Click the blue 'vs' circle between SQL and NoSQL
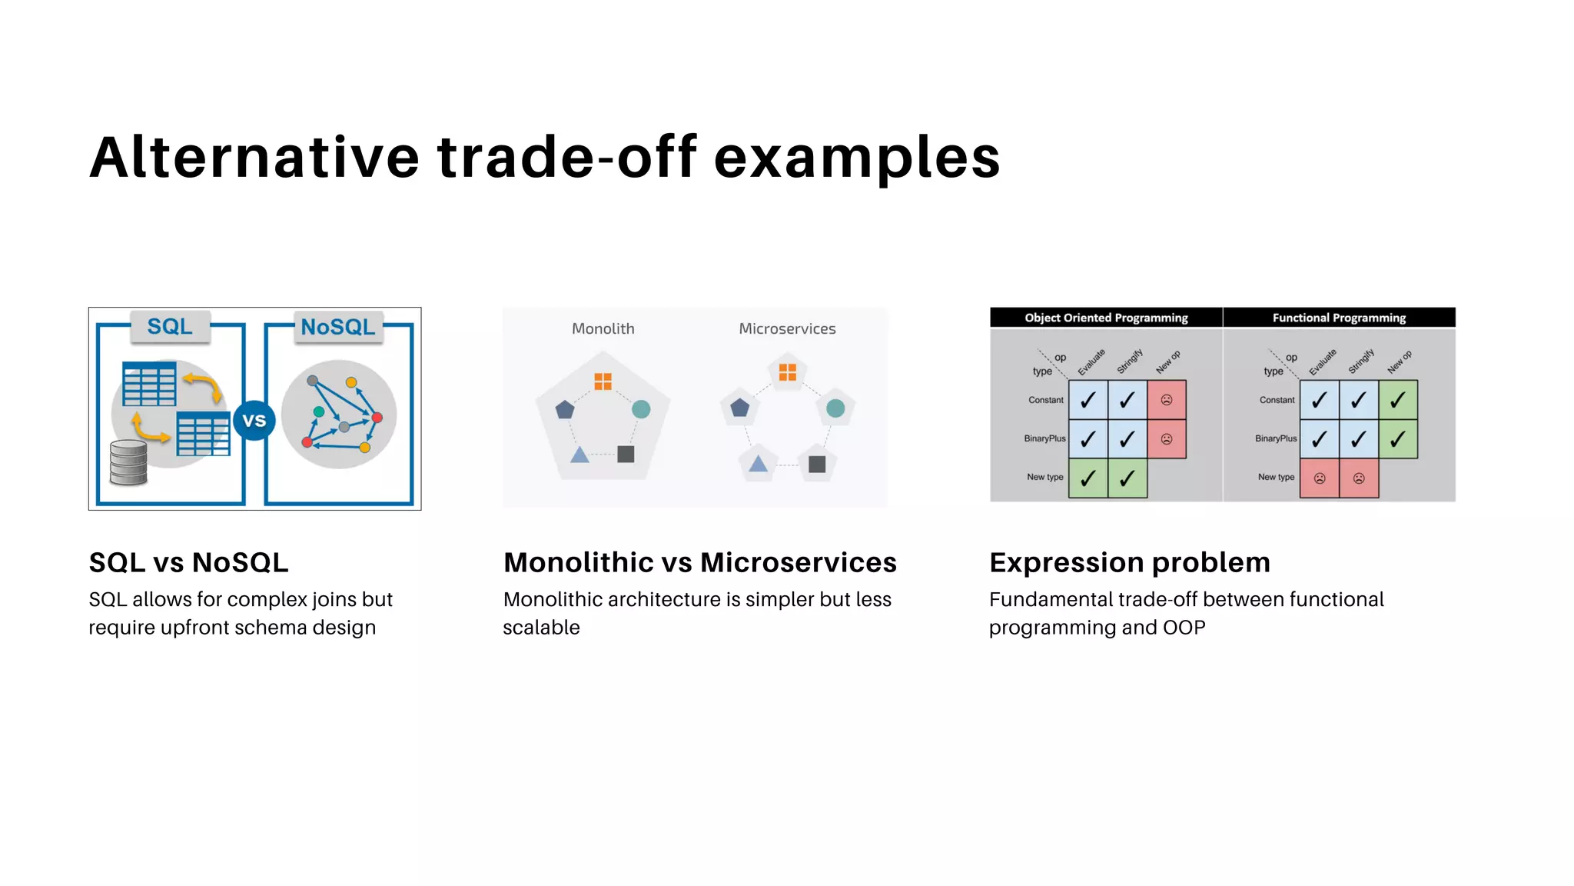pyautogui.click(x=254, y=420)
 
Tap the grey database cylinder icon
pyautogui.click(x=128, y=462)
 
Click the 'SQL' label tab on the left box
pyautogui.click(x=170, y=327)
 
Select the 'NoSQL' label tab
pyautogui.click(x=338, y=328)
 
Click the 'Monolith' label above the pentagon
pyautogui.click(x=603, y=329)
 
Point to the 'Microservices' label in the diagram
pyautogui.click(x=787, y=329)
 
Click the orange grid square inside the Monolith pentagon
pyautogui.click(x=603, y=381)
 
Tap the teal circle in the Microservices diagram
pyautogui.click(x=835, y=408)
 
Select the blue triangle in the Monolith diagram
pyautogui.click(x=579, y=455)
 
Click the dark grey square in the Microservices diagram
pyautogui.click(x=817, y=464)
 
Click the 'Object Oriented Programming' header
pyautogui.click(x=1106, y=318)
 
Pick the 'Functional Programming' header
pyautogui.click(x=1339, y=318)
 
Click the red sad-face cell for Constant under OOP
pyautogui.click(x=1167, y=400)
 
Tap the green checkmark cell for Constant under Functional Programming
pyautogui.click(x=1398, y=400)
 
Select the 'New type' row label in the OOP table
pyautogui.click(x=1045, y=477)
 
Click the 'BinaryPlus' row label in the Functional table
pyautogui.click(x=1276, y=438)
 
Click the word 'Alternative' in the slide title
pyautogui.click(x=254, y=158)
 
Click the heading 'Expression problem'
pyautogui.click(x=1129, y=562)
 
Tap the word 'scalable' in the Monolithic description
pyautogui.click(x=541, y=628)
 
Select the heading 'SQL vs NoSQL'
pyautogui.click(x=189, y=562)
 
